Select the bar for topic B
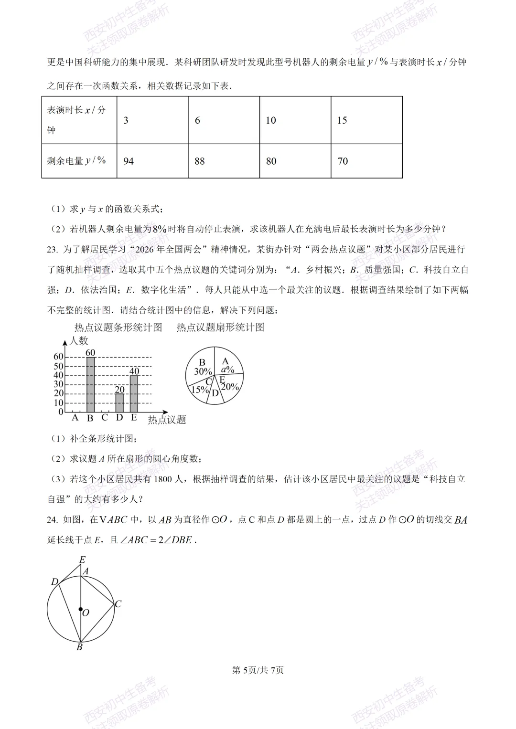pyautogui.click(x=90, y=384)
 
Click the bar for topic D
pyautogui.click(x=119, y=402)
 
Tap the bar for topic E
pyautogui.click(x=134, y=394)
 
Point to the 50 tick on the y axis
pyautogui.click(x=58, y=366)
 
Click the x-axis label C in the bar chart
pyautogui.click(x=105, y=418)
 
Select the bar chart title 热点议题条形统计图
pyautogui.click(x=118, y=328)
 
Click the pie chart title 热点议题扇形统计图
pyautogui.click(x=220, y=328)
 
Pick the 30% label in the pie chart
pyautogui.click(x=203, y=371)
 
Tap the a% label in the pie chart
pyautogui.click(x=227, y=370)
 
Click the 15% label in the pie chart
pyautogui.click(x=200, y=390)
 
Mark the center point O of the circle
pyautogui.click(x=81, y=609)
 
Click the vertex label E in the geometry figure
pyautogui.click(x=82, y=560)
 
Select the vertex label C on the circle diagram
pyautogui.click(x=118, y=604)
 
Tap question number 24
pyautogui.click(x=52, y=520)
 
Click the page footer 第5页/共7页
pyautogui.click(x=258, y=670)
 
